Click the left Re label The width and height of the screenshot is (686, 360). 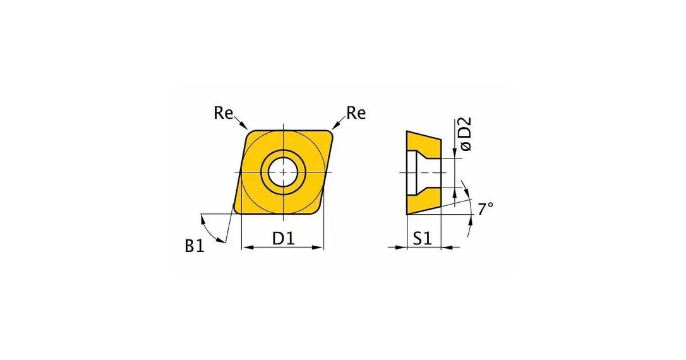[x=223, y=113]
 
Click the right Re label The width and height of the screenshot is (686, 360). [x=356, y=113]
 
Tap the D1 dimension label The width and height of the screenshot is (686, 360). [x=284, y=238]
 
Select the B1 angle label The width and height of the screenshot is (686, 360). [x=195, y=246]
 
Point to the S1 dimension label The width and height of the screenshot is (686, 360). [x=423, y=238]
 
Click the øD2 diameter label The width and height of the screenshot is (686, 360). [x=466, y=134]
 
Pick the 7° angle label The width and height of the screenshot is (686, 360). [x=485, y=208]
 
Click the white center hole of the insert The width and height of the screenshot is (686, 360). [x=283, y=172]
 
